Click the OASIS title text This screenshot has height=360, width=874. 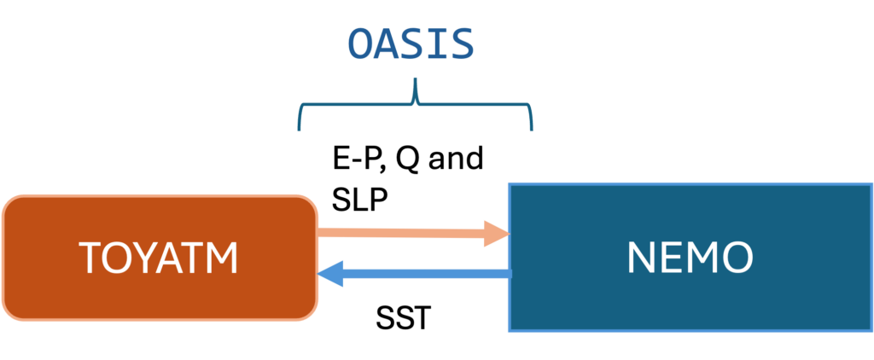411,44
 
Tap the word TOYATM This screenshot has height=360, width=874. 158,258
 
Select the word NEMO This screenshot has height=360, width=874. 690,257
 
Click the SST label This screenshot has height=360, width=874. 403,319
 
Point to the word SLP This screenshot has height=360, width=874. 359,200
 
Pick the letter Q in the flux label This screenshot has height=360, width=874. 407,160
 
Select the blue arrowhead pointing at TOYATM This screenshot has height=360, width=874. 330,273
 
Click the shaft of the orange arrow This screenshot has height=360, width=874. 401,233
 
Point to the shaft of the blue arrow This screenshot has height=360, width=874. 427,273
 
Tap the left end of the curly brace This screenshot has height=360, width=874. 300,130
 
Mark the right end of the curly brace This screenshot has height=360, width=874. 532,130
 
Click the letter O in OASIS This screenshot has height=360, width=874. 360,44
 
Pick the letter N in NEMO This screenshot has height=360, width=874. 640,258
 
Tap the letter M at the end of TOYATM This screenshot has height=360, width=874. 223,258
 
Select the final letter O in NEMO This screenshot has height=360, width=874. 738,257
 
